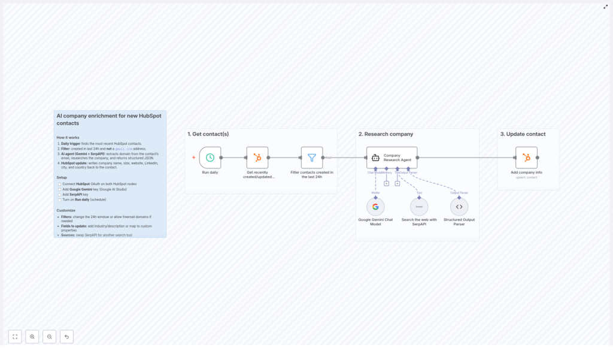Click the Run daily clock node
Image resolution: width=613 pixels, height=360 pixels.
pyautogui.click(x=210, y=158)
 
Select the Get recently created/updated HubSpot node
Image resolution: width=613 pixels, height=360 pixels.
pyautogui.click(x=257, y=158)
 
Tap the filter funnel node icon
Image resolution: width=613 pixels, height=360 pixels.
pyautogui.click(x=312, y=158)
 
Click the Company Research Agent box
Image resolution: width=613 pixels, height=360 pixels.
pyautogui.click(x=392, y=158)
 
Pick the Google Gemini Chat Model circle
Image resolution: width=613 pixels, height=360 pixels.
pyautogui.click(x=375, y=207)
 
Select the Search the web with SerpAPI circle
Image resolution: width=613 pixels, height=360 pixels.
pyautogui.click(x=419, y=207)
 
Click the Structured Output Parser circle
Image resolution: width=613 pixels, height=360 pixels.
pyautogui.click(x=459, y=207)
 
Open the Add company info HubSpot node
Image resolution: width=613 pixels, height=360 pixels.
pyautogui.click(x=526, y=158)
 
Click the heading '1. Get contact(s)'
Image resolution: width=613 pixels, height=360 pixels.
pyautogui.click(x=208, y=134)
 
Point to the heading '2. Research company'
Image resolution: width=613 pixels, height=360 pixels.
pyautogui.click(x=386, y=134)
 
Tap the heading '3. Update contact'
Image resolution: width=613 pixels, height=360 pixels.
pyautogui.click(x=523, y=134)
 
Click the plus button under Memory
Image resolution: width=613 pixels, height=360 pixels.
pyautogui.click(x=387, y=183)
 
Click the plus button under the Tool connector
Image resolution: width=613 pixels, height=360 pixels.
pyautogui.click(x=397, y=183)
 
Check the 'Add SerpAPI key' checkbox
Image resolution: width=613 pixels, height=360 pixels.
pyautogui.click(x=60, y=195)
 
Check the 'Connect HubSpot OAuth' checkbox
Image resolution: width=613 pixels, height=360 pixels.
pyautogui.click(x=60, y=184)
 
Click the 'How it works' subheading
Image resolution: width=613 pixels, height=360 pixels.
pyautogui.click(x=68, y=138)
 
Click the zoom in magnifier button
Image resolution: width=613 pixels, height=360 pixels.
pyautogui.click(x=32, y=337)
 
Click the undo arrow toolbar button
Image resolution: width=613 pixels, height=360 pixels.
pyautogui.click(x=66, y=337)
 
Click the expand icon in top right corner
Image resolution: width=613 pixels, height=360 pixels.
pyautogui.click(x=605, y=7)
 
